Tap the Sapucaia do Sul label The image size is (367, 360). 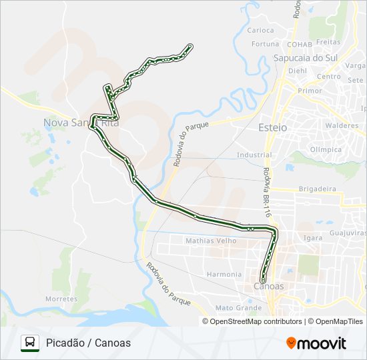click(306, 58)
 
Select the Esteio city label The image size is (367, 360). click(272, 127)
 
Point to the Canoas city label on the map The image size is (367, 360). click(269, 287)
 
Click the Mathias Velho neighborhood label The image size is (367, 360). click(211, 241)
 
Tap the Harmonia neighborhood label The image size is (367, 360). click(224, 274)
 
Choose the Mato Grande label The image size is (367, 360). click(238, 308)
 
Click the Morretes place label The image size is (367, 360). click(61, 299)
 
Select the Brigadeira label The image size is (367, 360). click(318, 189)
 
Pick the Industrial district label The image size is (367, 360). click(254, 155)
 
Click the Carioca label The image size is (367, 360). click(260, 30)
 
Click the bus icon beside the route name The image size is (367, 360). click(29, 343)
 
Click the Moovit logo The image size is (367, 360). click(316, 343)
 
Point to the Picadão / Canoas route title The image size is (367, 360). click(89, 343)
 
